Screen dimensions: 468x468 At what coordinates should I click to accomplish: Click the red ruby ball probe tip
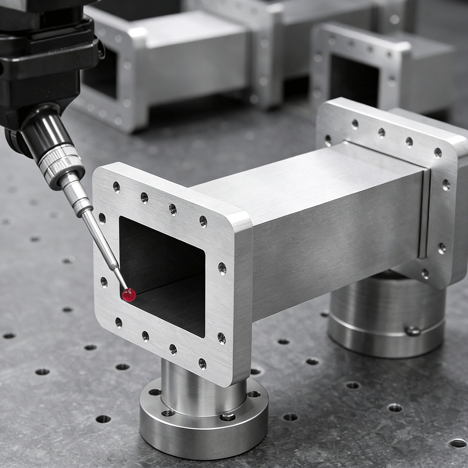point(129,294)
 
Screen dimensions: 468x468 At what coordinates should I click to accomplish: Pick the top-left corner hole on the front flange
point(116,187)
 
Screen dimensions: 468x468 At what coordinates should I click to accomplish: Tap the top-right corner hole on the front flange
point(203,221)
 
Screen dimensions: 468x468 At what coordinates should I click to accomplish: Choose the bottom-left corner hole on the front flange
point(119,322)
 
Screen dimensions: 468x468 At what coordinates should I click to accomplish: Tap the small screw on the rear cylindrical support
point(413,331)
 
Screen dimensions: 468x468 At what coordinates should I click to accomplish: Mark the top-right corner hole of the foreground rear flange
point(438,153)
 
